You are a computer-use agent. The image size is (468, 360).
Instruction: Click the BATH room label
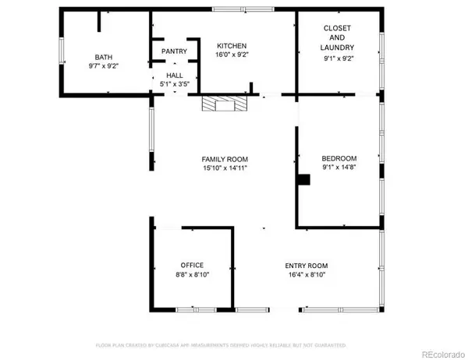point(104,57)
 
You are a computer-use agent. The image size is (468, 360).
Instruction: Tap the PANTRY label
point(173,51)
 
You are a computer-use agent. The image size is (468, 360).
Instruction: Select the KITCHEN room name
point(231,46)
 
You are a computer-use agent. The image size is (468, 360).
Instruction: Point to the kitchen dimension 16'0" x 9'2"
point(231,55)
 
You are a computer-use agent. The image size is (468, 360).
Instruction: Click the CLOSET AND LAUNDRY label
point(339,37)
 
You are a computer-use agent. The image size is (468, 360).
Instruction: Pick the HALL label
point(173,76)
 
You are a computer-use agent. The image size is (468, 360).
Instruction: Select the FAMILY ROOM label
point(225,159)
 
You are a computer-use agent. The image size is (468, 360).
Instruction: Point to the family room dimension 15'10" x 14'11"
point(225,168)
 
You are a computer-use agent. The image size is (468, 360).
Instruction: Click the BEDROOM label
point(339,158)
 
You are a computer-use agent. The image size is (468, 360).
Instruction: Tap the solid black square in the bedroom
point(305,179)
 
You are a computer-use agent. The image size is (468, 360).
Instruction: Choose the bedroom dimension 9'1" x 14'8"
point(339,168)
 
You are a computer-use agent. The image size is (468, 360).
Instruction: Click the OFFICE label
point(192,266)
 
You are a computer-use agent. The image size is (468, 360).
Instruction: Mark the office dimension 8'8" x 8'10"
point(192,275)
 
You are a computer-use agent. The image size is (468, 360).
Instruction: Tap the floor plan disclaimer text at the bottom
point(221,344)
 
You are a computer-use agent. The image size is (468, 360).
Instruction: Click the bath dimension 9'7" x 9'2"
point(104,66)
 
